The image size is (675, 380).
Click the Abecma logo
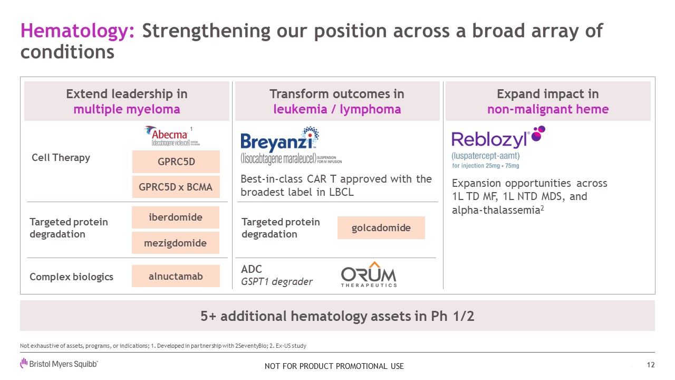pos(172,136)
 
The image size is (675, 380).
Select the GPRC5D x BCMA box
pos(176,187)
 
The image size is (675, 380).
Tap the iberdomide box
pos(176,217)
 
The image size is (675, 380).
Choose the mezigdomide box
pos(176,243)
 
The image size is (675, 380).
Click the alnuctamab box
pos(176,276)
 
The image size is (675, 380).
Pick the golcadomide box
pos(381,227)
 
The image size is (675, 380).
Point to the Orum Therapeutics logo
pos(369,274)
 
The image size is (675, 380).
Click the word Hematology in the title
pos(78,31)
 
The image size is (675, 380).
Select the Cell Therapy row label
pos(61,157)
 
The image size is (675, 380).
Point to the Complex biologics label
pos(71,277)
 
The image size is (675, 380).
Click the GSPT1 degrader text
pos(277,281)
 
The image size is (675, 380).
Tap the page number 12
pos(651,365)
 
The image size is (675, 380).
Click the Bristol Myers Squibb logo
pos(59,364)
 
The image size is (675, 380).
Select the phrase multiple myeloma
pos(127,109)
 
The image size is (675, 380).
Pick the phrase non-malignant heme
pos(548,109)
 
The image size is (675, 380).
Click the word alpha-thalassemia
pos(496,210)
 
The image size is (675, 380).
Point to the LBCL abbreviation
pos(341,192)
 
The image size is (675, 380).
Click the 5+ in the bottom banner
pos(208,316)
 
